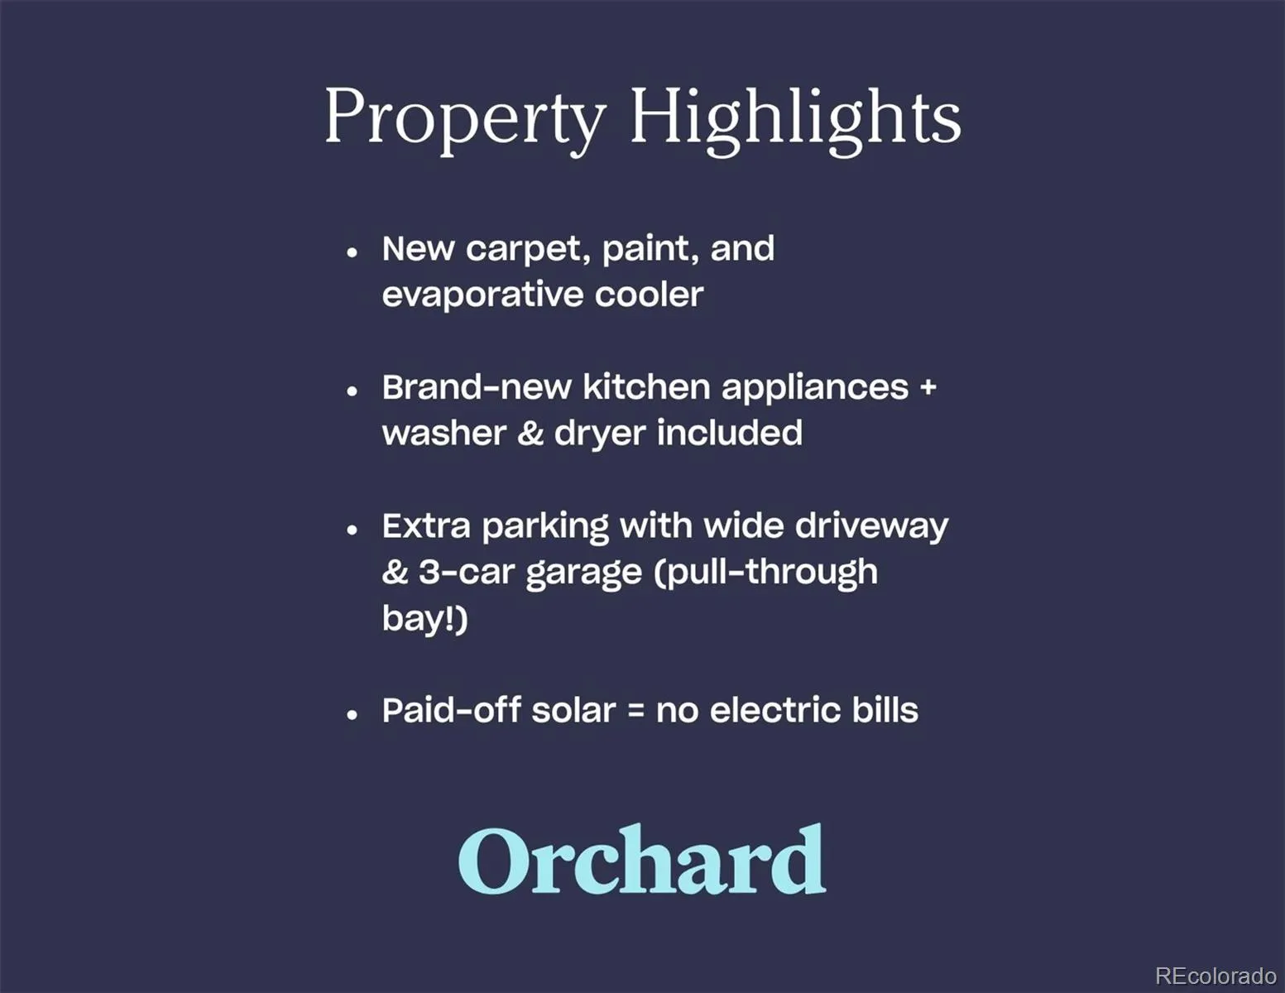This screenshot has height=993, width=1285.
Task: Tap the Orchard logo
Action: tap(641, 858)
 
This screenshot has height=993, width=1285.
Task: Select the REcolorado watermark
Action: tap(1215, 975)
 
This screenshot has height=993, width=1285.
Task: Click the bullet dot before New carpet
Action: tap(352, 252)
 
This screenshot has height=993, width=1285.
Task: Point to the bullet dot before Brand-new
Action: tap(352, 391)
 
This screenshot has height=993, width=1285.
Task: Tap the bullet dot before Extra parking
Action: tap(352, 530)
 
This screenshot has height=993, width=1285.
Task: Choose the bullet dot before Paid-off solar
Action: tap(352, 715)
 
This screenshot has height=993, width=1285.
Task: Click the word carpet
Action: tap(528, 251)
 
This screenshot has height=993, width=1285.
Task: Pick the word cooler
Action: tap(649, 294)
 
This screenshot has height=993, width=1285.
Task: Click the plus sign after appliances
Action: tap(928, 387)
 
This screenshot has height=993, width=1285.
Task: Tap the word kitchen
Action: tap(646, 386)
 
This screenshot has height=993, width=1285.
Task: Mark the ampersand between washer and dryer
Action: tap(530, 433)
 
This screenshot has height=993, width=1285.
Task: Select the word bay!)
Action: tap(424, 619)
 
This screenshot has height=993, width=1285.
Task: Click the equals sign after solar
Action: tap(635, 710)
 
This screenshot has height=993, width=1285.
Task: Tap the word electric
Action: tap(774, 710)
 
